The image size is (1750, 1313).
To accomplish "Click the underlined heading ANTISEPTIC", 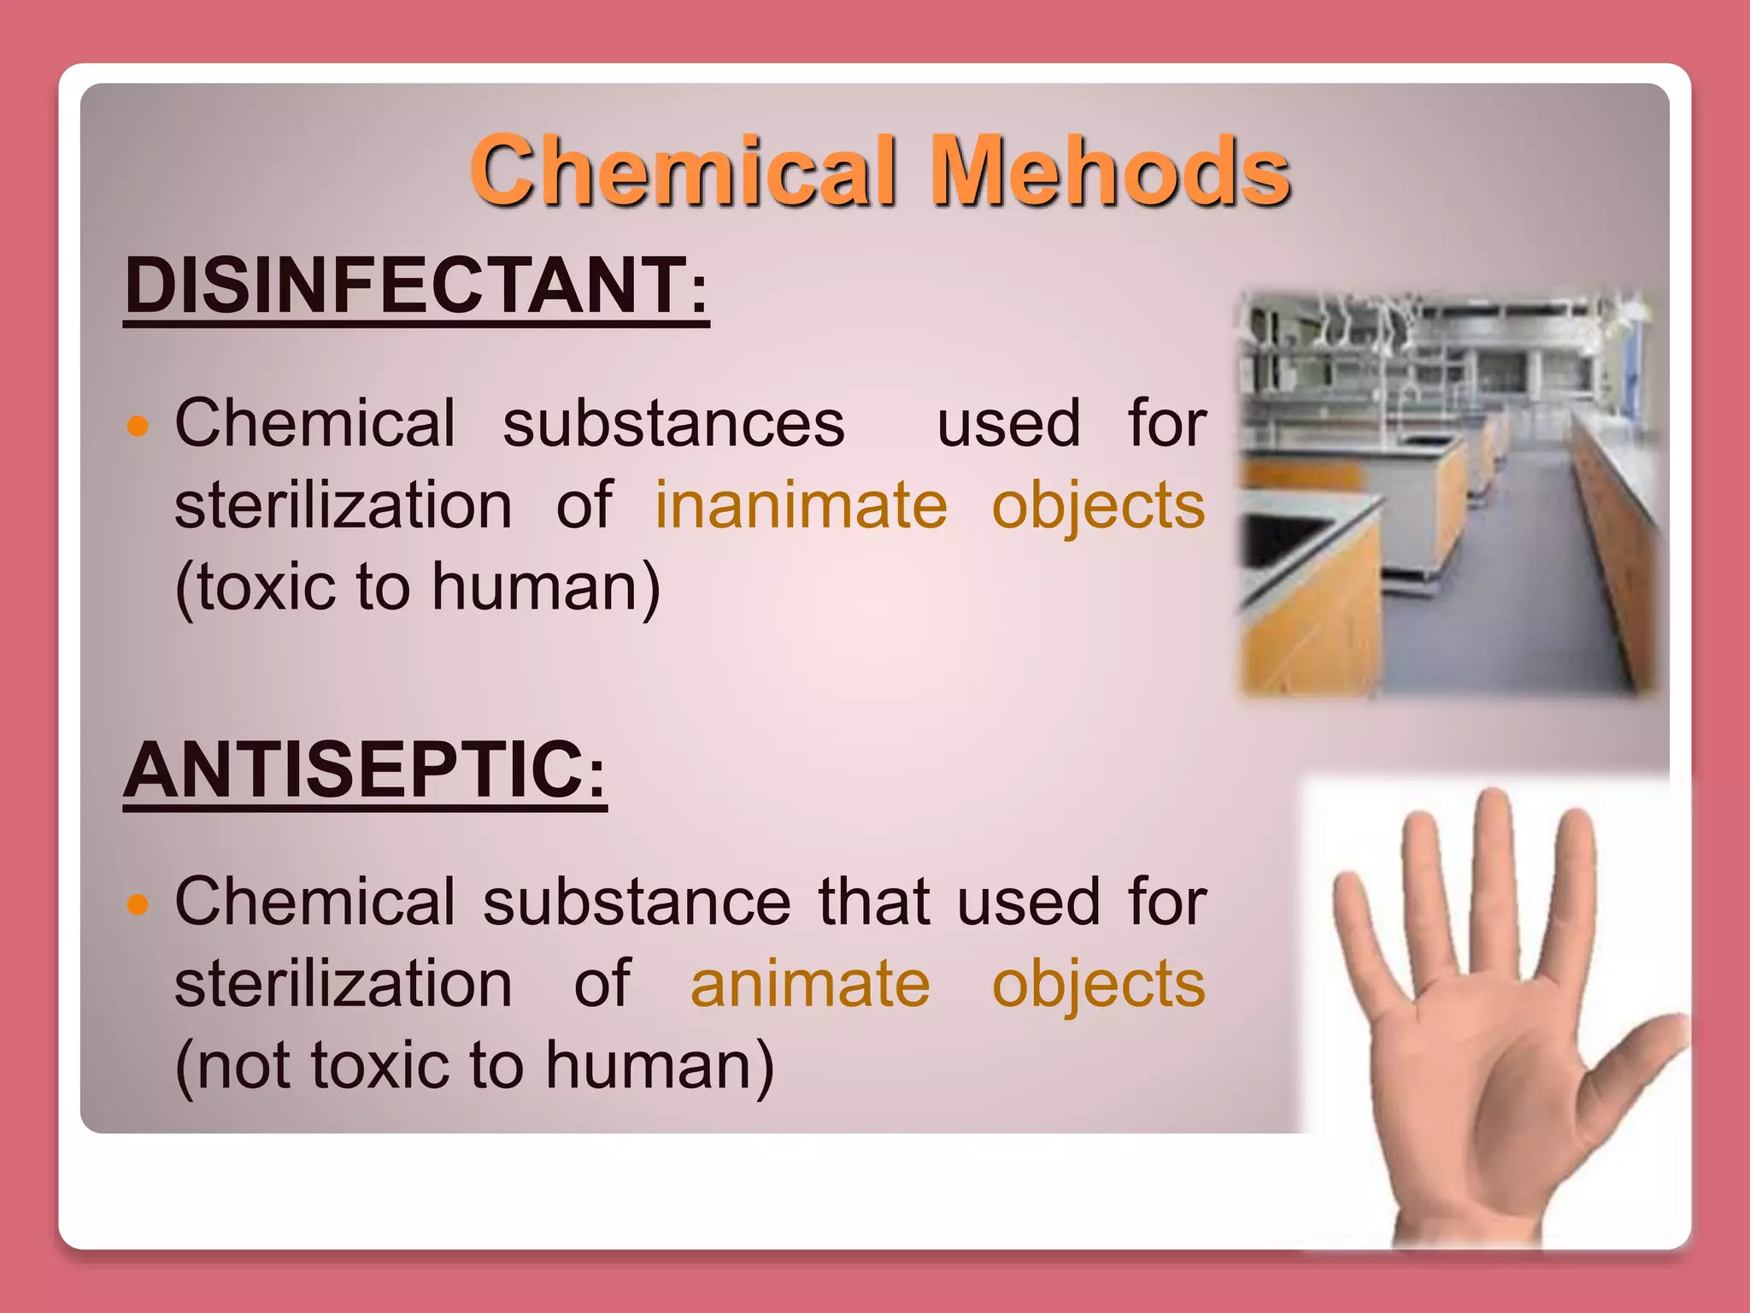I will (354, 770).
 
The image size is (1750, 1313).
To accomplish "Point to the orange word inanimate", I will (801, 506).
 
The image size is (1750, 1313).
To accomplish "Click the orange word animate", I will (809, 985).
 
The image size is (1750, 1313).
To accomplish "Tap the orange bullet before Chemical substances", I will (138, 425).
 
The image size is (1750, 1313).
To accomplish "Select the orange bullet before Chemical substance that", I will (138, 904).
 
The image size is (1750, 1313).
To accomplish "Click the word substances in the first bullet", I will (673, 424).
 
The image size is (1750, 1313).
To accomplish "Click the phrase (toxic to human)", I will (417, 588).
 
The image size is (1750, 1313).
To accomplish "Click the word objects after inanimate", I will (1098, 506).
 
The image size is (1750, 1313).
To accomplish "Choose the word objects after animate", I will (1098, 985).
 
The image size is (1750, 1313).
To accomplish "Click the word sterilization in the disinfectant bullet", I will (344, 506).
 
